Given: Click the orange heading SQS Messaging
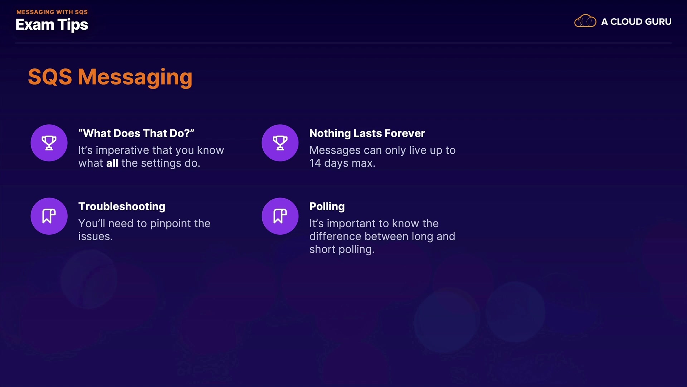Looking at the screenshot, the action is [110, 77].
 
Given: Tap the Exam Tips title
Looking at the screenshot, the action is [52, 25].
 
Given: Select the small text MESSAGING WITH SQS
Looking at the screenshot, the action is [52, 12].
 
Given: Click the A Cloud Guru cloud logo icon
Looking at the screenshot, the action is [585, 21].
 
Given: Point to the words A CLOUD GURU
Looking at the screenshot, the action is [636, 22].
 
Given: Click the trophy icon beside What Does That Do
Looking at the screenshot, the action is [49, 143].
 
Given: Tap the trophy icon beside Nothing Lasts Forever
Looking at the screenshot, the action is [280, 143].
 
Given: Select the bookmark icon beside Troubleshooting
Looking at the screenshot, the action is [49, 216].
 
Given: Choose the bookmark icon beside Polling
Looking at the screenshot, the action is [280, 216].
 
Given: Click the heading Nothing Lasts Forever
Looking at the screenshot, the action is [367, 133].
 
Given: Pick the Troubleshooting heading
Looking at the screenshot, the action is [122, 206].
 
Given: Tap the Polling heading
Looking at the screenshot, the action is [327, 206].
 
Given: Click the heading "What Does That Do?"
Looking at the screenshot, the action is [136, 133].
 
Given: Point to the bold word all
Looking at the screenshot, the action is [112, 163].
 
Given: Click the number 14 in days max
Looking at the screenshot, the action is [315, 163].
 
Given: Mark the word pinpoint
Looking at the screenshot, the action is [170, 224].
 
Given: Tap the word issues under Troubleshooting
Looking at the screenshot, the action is [96, 236].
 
